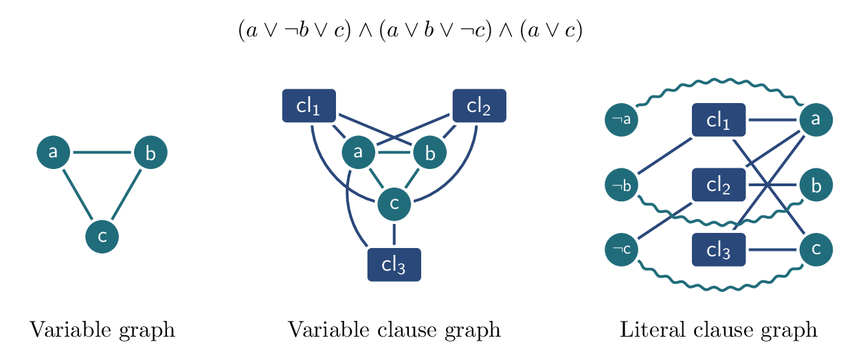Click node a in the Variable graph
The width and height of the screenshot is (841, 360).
click(x=54, y=152)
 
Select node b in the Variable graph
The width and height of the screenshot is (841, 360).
click(x=150, y=153)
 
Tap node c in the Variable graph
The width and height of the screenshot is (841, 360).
click(x=102, y=236)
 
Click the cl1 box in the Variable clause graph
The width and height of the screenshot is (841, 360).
click(x=309, y=106)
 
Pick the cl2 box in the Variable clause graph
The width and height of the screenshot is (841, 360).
click(x=479, y=106)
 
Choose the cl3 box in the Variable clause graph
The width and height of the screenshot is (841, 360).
click(x=394, y=265)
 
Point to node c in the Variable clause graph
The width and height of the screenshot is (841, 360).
click(x=394, y=203)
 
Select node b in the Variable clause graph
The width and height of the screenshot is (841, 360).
click(x=430, y=153)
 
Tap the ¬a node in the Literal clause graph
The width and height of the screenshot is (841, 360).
click(x=621, y=120)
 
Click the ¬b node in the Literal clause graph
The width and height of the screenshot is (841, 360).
click(x=621, y=185)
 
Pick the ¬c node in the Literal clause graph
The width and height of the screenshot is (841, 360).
click(x=621, y=249)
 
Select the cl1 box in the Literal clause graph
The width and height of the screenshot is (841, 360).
click(x=718, y=120)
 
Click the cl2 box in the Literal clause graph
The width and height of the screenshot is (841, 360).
click(x=718, y=185)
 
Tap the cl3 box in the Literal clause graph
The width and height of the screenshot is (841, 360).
click(x=718, y=249)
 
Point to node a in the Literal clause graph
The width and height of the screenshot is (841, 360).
click(x=816, y=120)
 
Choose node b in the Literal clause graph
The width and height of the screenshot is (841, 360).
click(x=816, y=185)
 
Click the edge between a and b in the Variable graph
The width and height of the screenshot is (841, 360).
click(x=102, y=152)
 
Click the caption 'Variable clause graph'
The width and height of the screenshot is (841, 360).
click(x=394, y=330)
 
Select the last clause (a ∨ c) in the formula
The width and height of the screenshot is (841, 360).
click(x=551, y=32)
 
